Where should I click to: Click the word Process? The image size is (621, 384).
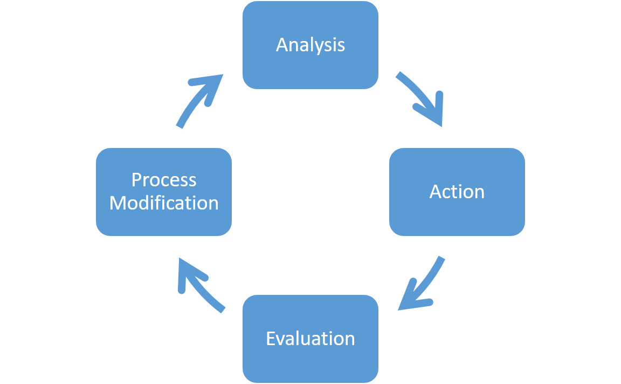point(163,179)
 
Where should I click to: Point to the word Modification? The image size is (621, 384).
point(163,203)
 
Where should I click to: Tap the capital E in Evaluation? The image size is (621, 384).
point(271,339)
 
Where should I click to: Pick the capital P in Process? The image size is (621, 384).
point(137,179)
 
